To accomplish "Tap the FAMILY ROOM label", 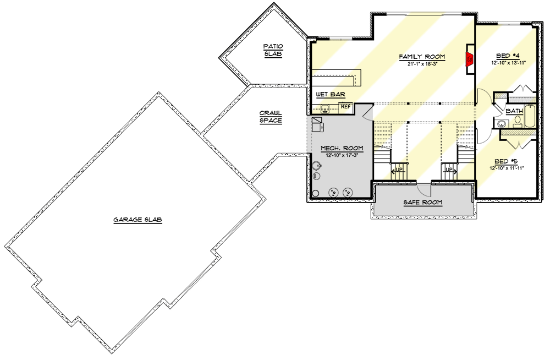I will pyautogui.click(x=422, y=57).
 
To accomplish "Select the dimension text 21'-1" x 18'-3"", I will pyautogui.click(x=422, y=64).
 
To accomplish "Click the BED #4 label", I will pyautogui.click(x=508, y=56).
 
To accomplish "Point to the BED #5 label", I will pyautogui.click(x=507, y=161).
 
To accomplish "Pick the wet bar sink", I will pyautogui.click(x=325, y=107).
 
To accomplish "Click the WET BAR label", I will pyautogui.click(x=330, y=95).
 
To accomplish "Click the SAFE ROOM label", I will pyautogui.click(x=422, y=202).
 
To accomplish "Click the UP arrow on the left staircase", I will pyautogui.click(x=398, y=171).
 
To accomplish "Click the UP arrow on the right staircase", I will pyautogui.click(x=449, y=171).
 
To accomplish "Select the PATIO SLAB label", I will pyautogui.click(x=273, y=50).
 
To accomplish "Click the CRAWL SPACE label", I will pyautogui.click(x=271, y=117).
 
